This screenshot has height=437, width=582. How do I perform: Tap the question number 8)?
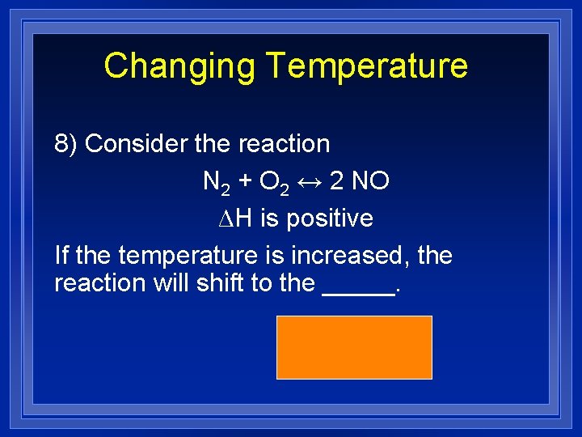tap(65, 144)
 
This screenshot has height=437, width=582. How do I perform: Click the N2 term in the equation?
tap(214, 183)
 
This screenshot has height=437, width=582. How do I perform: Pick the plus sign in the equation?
tap(242, 182)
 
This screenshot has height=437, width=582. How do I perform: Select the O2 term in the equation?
tap(270, 183)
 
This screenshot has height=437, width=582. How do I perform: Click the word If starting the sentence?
tap(61, 256)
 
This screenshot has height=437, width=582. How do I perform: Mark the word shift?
tap(214, 283)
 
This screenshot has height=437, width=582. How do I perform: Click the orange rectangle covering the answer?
tap(354, 347)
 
